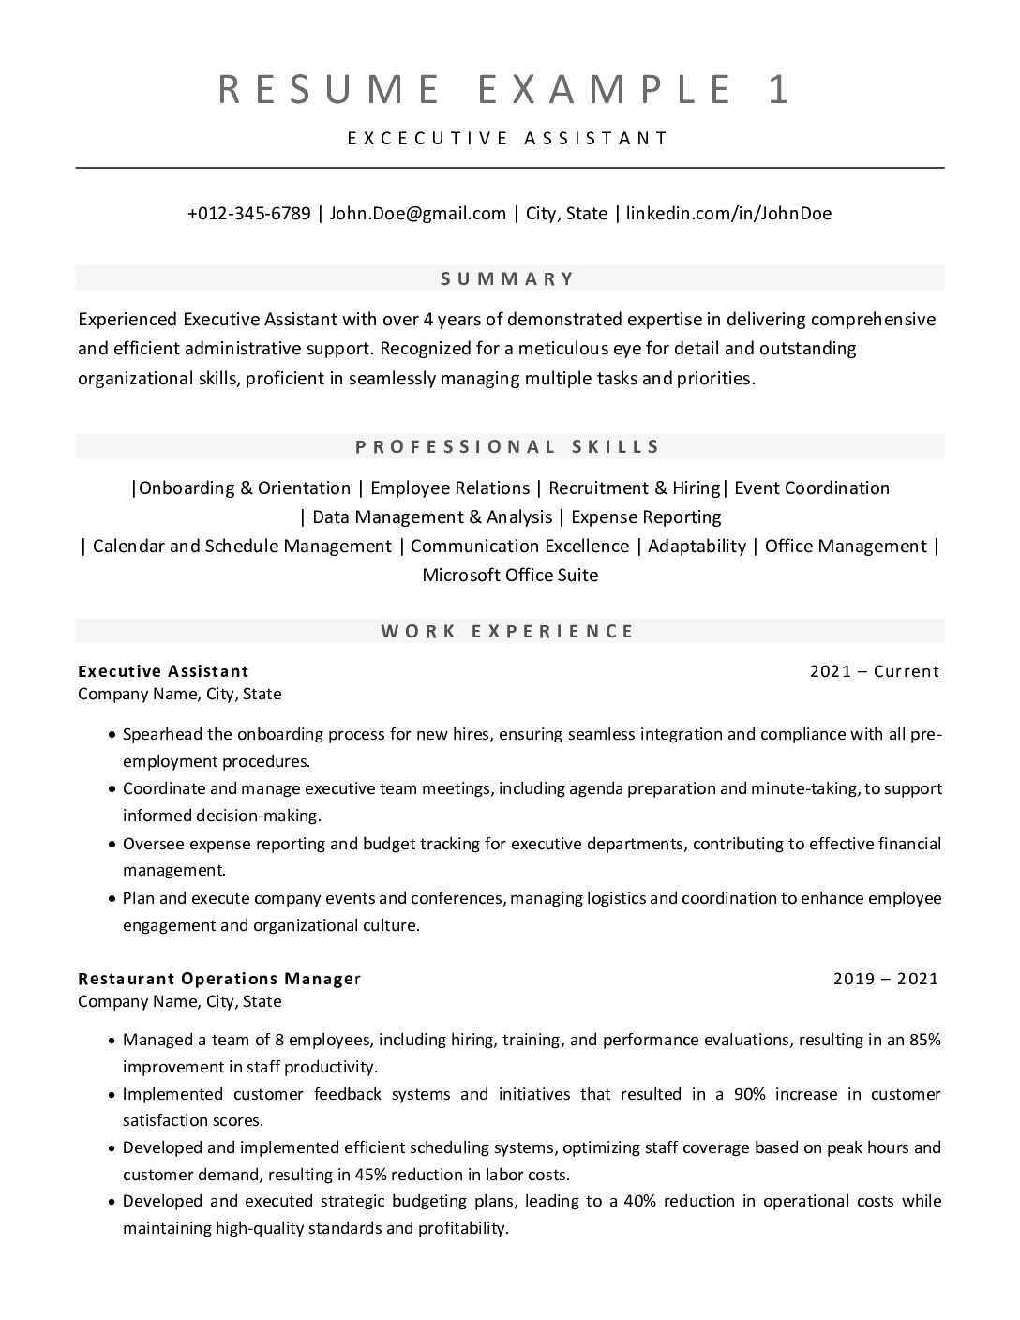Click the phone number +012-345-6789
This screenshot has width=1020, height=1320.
248,213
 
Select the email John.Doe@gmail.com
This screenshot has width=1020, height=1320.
417,213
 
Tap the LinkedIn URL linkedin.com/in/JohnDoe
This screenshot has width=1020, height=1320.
728,213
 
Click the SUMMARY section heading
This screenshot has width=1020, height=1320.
508,278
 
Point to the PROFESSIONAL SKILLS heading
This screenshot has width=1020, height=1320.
508,446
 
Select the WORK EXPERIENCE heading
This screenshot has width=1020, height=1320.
508,631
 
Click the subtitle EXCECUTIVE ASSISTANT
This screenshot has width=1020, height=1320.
508,138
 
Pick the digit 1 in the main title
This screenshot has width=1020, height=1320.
779,89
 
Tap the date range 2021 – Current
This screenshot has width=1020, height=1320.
874,671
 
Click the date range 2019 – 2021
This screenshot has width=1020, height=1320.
885,979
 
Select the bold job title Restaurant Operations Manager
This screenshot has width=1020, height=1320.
218,979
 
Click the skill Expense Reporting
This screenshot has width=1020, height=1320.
646,517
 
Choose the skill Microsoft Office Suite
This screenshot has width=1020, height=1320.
510,575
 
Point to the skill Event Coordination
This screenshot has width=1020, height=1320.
812,487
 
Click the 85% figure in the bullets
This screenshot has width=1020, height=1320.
924,1039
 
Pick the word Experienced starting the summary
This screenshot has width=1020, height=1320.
127,319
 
